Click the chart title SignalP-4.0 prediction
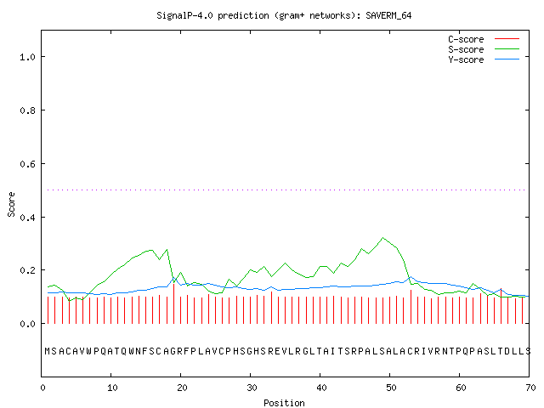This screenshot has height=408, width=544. click(212, 15)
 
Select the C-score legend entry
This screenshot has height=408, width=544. click(484, 39)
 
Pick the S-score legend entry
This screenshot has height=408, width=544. click(484, 49)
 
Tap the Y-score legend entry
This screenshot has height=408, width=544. click(484, 59)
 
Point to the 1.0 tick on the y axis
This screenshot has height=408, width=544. click(28, 57)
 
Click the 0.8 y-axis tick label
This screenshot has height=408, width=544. click(28, 110)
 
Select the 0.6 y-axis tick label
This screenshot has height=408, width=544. click(28, 164)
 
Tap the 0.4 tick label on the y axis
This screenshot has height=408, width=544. click(28, 218)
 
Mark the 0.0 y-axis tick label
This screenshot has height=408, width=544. click(28, 324)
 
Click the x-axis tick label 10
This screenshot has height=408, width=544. click(112, 388)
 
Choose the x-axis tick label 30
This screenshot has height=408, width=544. click(252, 388)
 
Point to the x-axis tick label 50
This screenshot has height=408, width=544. click(391, 388)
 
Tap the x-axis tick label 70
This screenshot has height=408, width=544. click(530, 388)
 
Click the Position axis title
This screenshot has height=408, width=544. click(284, 403)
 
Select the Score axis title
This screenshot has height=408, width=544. click(11, 204)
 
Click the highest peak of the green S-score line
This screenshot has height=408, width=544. click(382, 238)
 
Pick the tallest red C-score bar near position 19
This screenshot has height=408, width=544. click(173, 303)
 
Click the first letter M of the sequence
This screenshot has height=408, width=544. click(48, 351)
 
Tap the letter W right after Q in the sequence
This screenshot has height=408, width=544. click(131, 351)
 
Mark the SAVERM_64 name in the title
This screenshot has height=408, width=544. click(388, 15)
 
